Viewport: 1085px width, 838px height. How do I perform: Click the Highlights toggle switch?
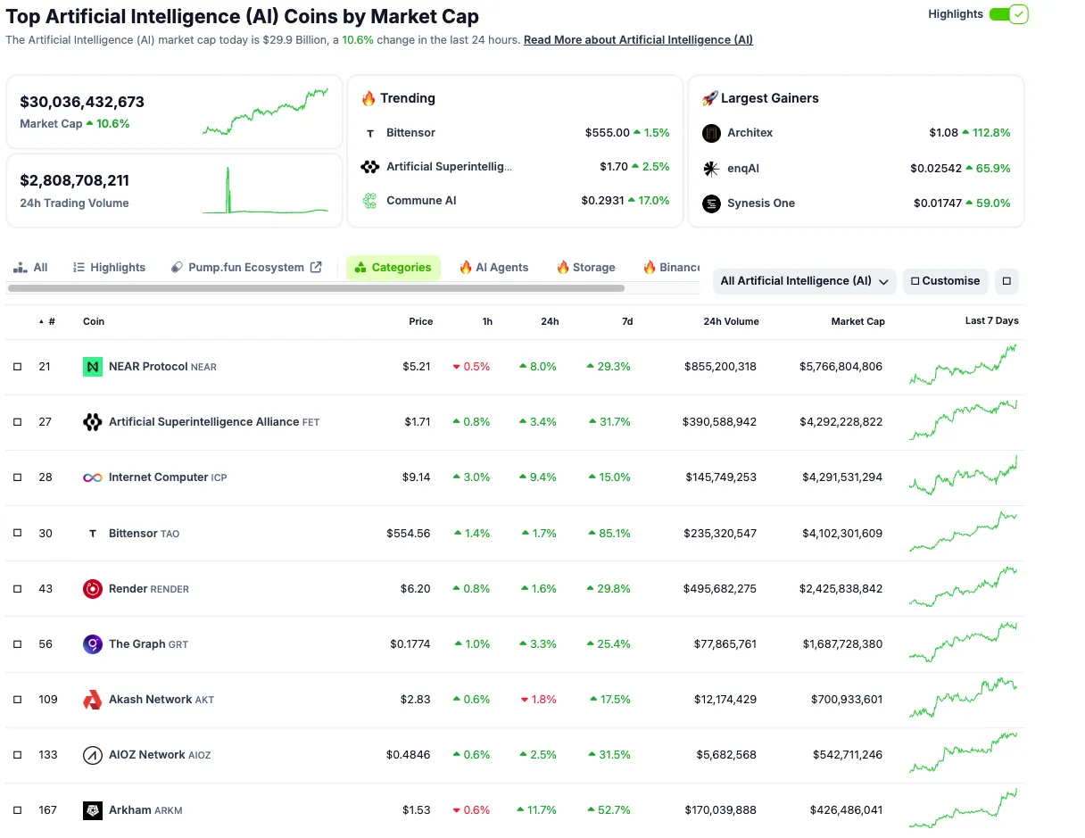coord(1008,14)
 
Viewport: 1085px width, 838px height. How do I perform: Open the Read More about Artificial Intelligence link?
coord(638,40)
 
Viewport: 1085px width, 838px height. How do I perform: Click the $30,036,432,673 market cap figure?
coord(82,102)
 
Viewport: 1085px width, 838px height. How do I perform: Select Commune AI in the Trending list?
coord(420,201)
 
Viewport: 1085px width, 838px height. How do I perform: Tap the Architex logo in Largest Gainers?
coord(711,133)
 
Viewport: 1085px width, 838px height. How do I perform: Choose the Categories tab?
coord(393,267)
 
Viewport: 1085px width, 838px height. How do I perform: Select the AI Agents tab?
coord(493,267)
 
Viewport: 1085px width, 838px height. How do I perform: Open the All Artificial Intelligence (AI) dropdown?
coord(804,281)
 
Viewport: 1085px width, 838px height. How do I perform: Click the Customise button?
coord(945,281)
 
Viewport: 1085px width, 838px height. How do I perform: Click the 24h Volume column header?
coord(731,321)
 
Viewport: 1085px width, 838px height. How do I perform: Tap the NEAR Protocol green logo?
coord(93,367)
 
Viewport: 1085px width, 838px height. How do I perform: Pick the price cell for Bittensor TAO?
coord(408,534)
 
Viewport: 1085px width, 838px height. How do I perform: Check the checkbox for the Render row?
coord(17,589)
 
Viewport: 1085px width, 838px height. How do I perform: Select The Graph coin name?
coord(137,644)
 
